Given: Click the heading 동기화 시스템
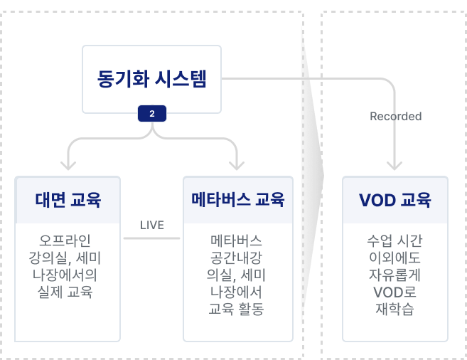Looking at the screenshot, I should (x=151, y=79).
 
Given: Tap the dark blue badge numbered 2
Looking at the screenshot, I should (x=151, y=114).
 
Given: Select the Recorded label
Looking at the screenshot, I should (x=395, y=116).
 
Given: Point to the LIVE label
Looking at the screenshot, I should (x=151, y=226).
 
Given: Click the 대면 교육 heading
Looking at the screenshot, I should (x=68, y=199).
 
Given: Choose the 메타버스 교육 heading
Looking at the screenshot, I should (x=237, y=199).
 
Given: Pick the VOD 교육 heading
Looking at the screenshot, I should (x=395, y=199).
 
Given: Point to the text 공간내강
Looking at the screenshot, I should (x=237, y=257).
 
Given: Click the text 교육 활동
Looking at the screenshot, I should (x=237, y=309).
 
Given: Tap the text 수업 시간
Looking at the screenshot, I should (x=395, y=239).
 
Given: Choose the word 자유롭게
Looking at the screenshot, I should (x=395, y=274).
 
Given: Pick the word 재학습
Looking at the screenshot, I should (x=395, y=309).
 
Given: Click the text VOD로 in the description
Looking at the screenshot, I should (x=395, y=291).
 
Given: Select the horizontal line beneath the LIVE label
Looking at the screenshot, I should (x=151, y=238).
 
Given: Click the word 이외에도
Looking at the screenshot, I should (x=395, y=257).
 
